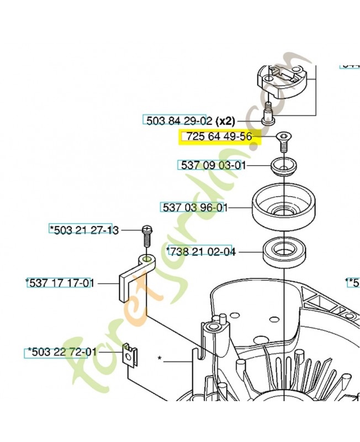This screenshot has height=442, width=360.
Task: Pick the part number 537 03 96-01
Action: pos(195,208)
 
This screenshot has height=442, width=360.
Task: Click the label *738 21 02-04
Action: pos(201,252)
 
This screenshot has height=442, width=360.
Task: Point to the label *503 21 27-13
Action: pos(84,230)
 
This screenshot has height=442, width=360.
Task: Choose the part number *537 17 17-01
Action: pos(59,283)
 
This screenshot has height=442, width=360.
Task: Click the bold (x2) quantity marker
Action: pos(225,120)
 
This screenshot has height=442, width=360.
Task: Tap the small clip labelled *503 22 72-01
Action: pos(130,355)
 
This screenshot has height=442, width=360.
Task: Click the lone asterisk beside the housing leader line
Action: pos(160,359)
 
